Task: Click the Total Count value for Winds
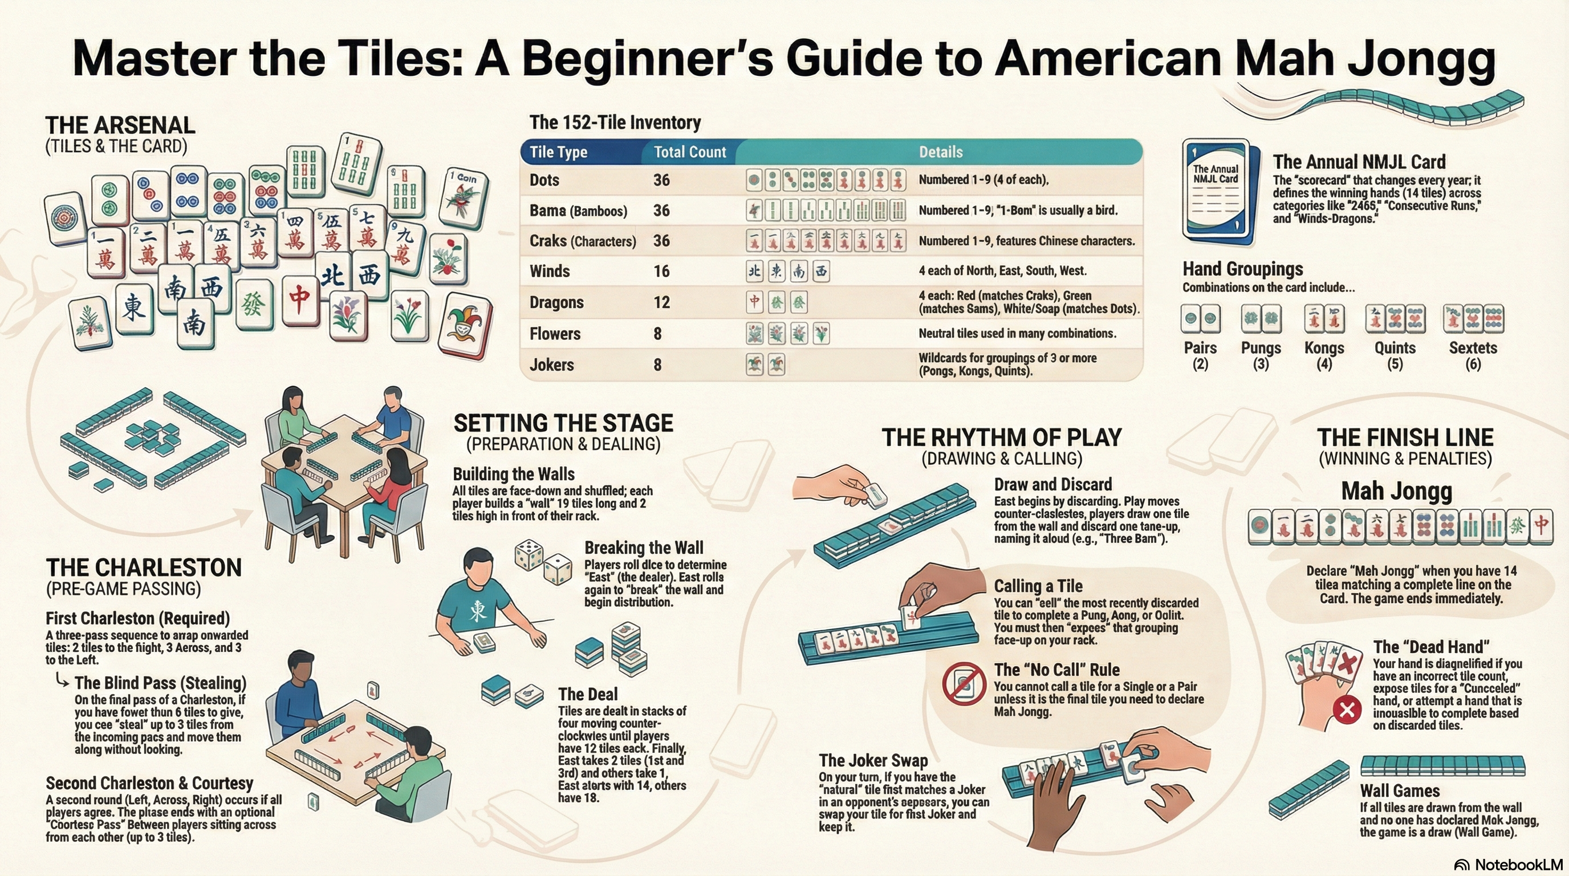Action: (661, 271)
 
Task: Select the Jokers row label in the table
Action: (552, 365)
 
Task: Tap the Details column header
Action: (940, 152)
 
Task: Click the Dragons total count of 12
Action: (661, 302)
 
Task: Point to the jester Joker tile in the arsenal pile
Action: (465, 325)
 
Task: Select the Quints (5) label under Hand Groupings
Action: (1395, 355)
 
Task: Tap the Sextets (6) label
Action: (1473, 355)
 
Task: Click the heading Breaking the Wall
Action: (644, 547)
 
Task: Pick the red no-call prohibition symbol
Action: (964, 683)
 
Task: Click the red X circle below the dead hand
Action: (1347, 709)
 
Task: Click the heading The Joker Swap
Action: (873, 760)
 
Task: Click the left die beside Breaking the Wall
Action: (529, 554)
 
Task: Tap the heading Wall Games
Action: (1400, 790)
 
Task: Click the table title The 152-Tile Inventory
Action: (615, 123)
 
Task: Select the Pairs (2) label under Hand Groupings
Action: (1200, 355)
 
